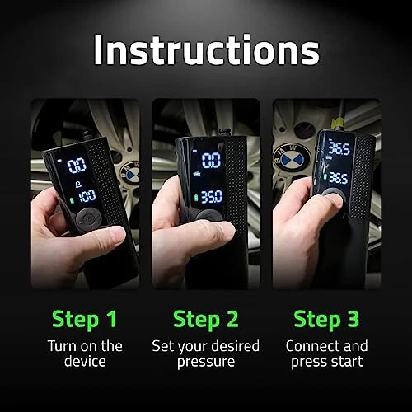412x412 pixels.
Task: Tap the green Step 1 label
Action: [84, 319]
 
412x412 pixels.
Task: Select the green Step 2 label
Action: [206, 319]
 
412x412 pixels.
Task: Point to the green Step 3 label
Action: [327, 319]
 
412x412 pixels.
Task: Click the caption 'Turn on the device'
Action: [84, 353]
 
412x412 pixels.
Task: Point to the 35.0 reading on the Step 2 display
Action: [211, 198]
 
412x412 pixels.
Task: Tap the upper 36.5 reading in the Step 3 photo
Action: [339, 148]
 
